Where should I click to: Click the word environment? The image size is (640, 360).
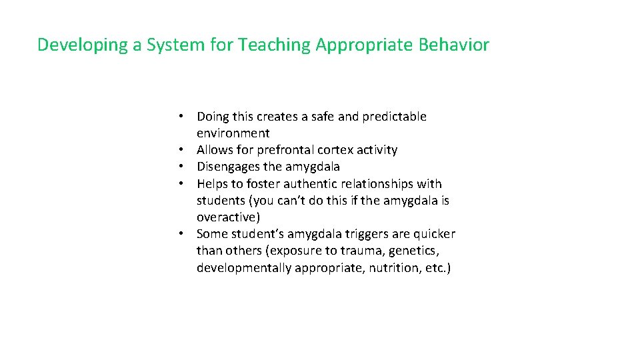233,133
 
